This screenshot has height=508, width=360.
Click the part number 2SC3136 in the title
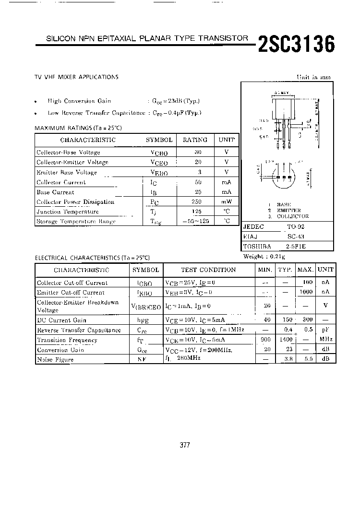(x=296, y=45)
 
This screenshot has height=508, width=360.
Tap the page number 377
(x=185, y=445)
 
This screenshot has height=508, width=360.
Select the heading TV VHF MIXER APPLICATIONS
(x=76, y=77)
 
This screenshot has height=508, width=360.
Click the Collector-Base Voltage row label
(x=68, y=153)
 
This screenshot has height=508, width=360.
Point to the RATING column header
(x=195, y=140)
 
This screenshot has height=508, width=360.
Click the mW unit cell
(x=227, y=202)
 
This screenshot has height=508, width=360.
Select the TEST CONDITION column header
(x=208, y=270)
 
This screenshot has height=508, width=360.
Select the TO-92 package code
(x=296, y=227)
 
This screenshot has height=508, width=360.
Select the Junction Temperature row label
(x=68, y=212)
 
